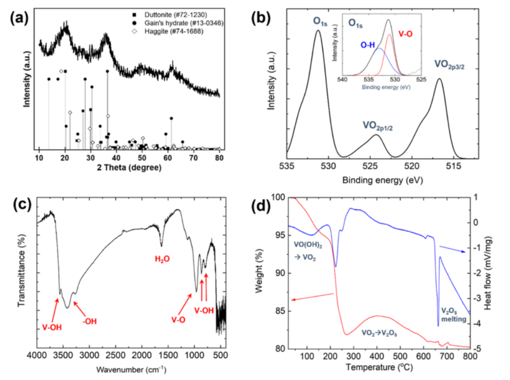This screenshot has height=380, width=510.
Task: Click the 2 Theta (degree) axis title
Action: pos(130,167)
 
